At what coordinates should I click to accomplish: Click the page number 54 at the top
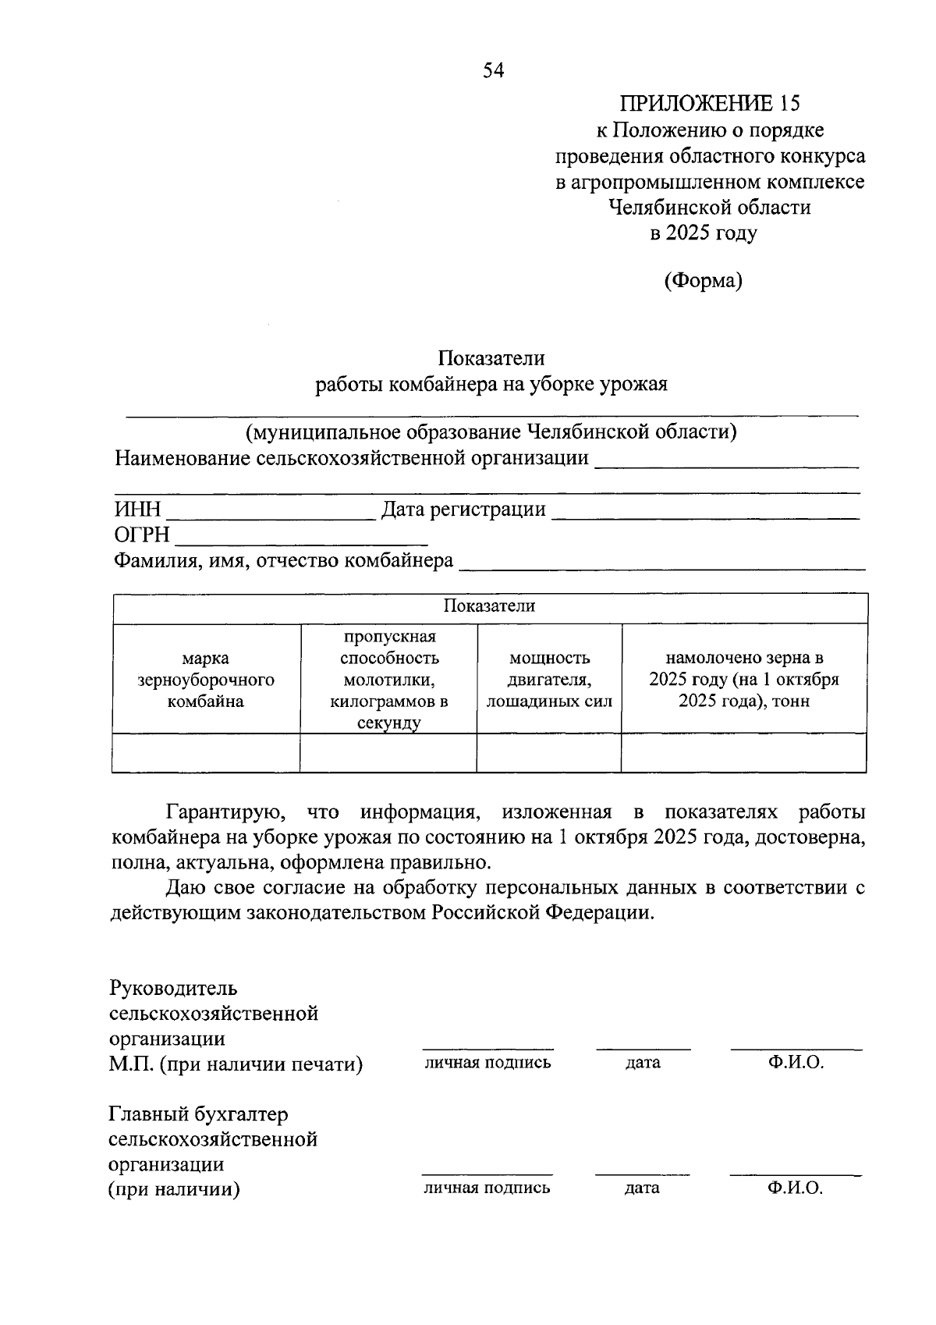pos(494,71)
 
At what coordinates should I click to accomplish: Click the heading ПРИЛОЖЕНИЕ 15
pos(710,103)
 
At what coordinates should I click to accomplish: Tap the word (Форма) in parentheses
pos(703,280)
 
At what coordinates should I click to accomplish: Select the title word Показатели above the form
pos(491,358)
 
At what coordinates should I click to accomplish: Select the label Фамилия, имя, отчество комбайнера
pos(284,560)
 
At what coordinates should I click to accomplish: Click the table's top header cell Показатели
pos(490,606)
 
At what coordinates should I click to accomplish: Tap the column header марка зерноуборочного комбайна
pos(206,679)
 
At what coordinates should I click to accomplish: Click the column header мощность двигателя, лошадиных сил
pos(549,679)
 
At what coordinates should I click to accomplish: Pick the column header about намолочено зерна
pos(743,679)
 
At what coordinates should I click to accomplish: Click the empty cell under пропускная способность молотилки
pos(388,753)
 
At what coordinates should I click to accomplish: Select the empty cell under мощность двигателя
pos(549,753)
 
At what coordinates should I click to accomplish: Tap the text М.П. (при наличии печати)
pos(236,1064)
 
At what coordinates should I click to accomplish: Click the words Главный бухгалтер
pos(199,1114)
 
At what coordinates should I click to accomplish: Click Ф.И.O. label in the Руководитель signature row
pos(796,1062)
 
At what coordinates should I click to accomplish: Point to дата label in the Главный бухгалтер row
pos(642,1188)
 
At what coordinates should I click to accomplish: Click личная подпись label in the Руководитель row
pos(487,1062)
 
